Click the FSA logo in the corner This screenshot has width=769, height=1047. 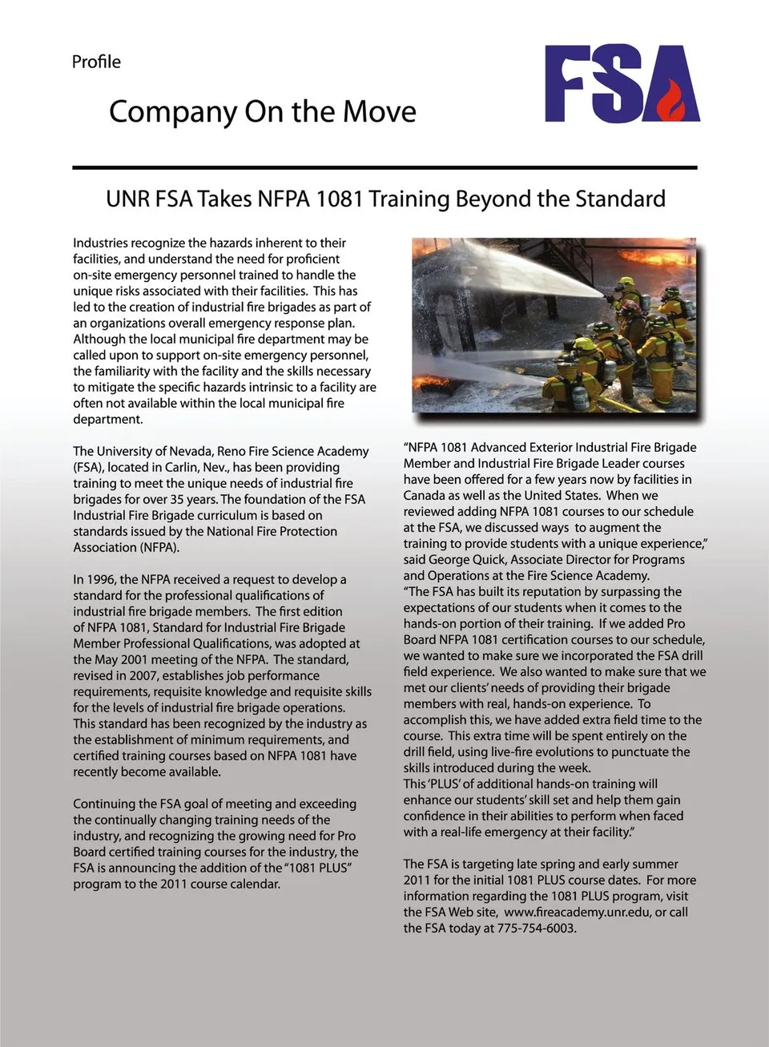pyautogui.click(x=622, y=83)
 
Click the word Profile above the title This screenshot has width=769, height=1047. pyautogui.click(x=96, y=62)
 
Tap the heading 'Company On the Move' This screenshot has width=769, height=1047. pyautogui.click(x=262, y=111)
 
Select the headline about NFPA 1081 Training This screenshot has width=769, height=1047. pyautogui.click(x=385, y=199)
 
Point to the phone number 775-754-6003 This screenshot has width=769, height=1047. pyautogui.click(x=535, y=928)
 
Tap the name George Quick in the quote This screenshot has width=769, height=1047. pyautogui.click(x=465, y=559)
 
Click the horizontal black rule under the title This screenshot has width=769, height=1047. pyautogui.click(x=384, y=167)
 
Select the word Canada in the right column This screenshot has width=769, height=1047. pyautogui.click(x=425, y=495)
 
